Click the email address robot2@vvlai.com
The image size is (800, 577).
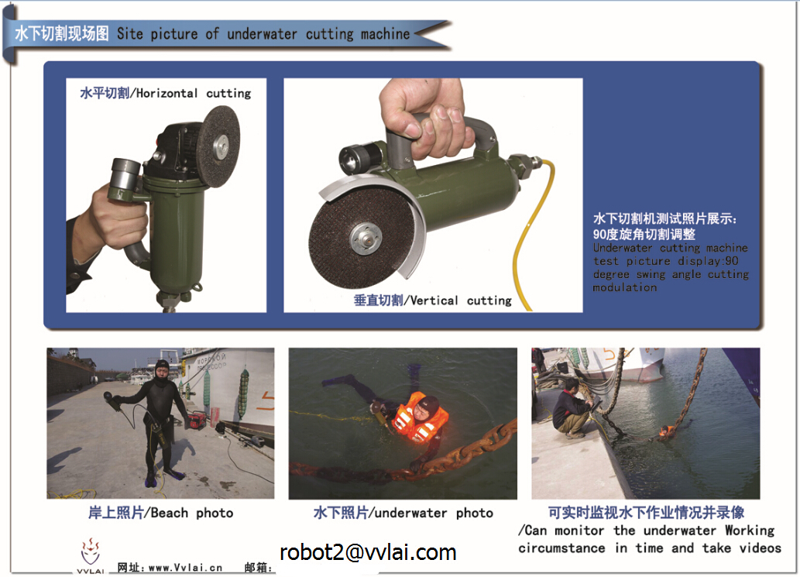368,552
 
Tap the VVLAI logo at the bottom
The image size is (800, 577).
91,555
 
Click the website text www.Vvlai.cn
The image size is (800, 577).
185,568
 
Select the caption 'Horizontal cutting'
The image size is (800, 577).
194,94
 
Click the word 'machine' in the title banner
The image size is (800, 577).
385,34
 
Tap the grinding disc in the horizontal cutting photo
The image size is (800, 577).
218,146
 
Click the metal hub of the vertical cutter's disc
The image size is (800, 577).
366,239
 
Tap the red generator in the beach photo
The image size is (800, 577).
196,421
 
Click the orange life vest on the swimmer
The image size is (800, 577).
420,418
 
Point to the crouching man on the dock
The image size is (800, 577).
571,409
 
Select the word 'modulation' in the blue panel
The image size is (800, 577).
625,288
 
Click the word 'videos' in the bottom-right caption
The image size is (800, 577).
761,548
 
